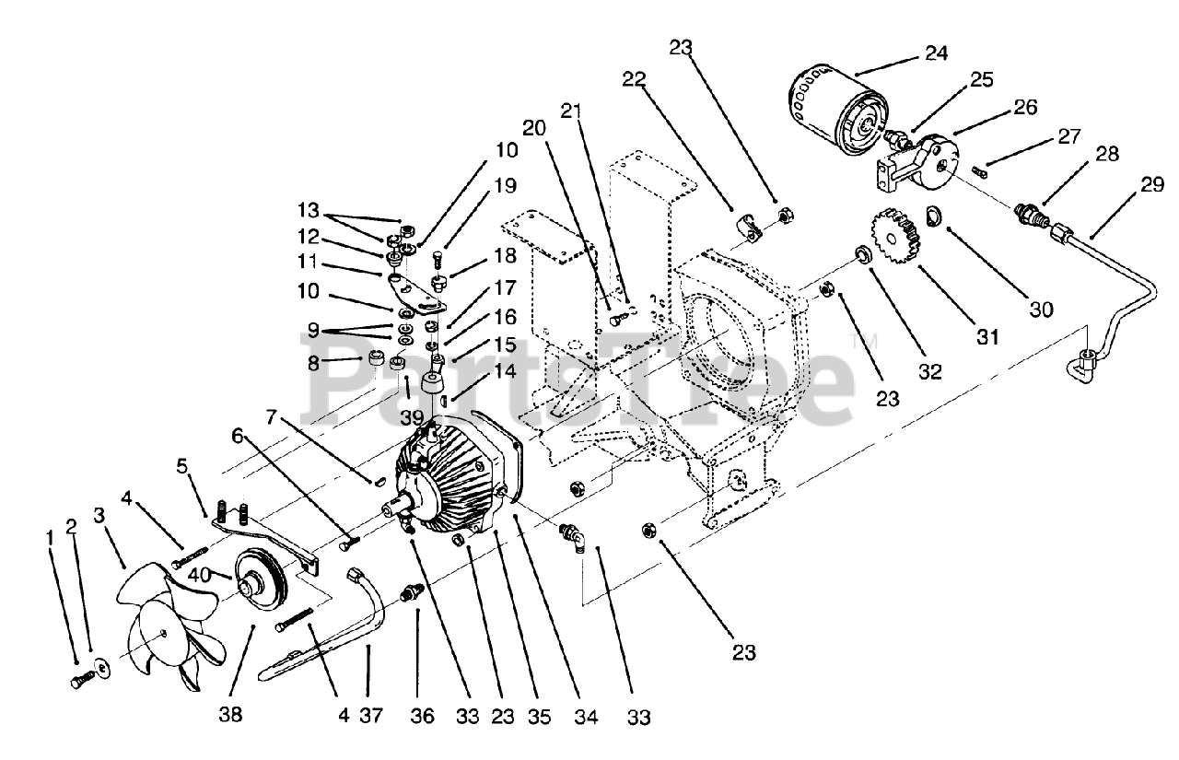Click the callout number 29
[x=1151, y=185]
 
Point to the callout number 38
[x=231, y=715]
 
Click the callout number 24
[x=936, y=54]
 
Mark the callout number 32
[x=930, y=372]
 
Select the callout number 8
[x=313, y=364]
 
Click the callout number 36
[x=422, y=715]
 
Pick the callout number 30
[x=1041, y=311]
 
